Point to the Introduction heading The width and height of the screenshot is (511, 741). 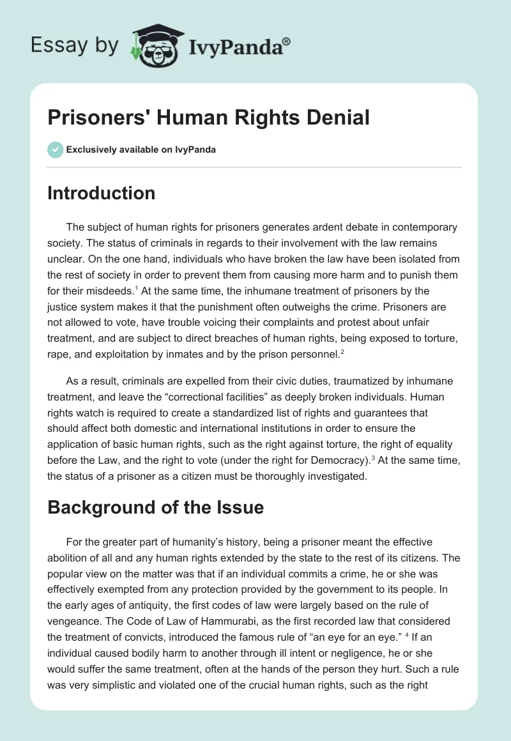point(101,193)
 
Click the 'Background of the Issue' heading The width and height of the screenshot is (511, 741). point(155,507)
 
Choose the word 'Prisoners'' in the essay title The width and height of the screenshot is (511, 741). point(100,118)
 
